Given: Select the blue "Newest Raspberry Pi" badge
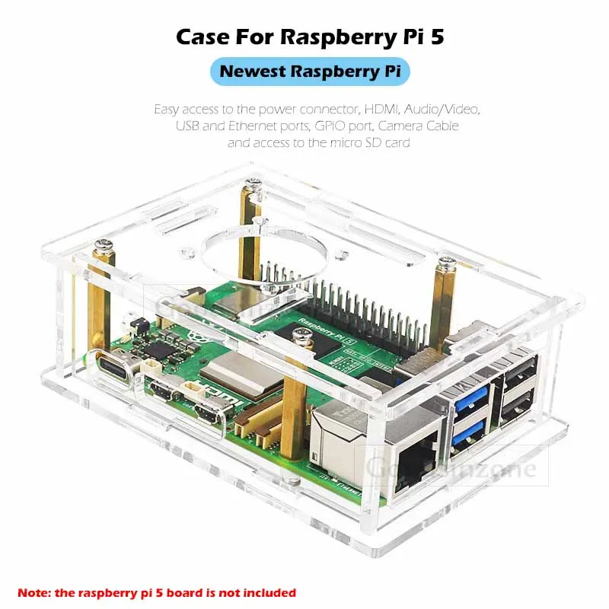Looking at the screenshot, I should tap(310, 72).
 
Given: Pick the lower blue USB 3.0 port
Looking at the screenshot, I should tap(467, 435).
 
